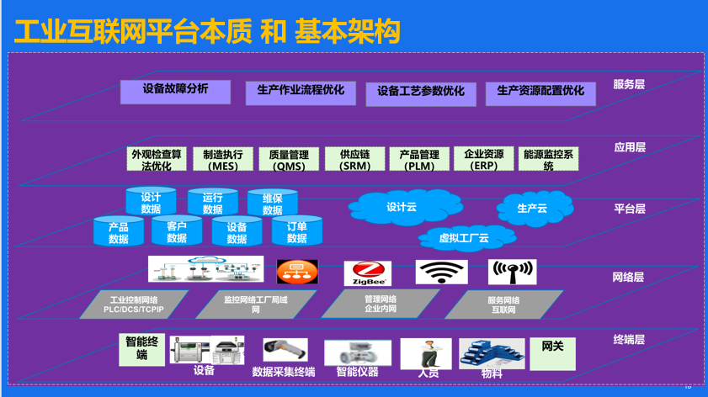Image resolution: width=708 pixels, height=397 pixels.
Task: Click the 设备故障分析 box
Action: coord(175,91)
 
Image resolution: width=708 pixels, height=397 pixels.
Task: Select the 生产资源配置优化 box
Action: coord(540,93)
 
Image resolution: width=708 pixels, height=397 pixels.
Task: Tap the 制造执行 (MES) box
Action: coord(223,160)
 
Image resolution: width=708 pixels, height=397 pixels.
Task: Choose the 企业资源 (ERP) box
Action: coord(483,160)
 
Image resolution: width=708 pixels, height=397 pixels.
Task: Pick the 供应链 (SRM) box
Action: coord(354,160)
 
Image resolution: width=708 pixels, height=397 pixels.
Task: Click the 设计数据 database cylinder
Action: coord(151,203)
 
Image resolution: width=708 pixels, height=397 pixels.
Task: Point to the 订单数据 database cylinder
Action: coord(296,231)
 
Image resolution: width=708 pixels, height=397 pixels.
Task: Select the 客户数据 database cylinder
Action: coord(177,231)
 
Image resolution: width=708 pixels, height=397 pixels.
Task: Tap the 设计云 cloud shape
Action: coord(402,207)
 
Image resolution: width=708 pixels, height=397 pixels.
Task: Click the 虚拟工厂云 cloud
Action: coord(464,238)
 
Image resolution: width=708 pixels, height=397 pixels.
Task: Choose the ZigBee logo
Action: coord(368,273)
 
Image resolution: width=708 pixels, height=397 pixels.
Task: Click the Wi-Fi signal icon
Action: coord(441,272)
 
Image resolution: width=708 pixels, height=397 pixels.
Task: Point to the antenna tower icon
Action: coord(512,272)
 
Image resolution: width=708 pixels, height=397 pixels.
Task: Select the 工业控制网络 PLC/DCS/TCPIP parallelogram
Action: coord(134,304)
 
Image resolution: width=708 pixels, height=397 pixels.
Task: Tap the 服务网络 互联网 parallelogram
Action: coord(503,304)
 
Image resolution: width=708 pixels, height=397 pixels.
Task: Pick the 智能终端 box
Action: coord(141,348)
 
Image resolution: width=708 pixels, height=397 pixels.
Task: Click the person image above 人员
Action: coord(428,352)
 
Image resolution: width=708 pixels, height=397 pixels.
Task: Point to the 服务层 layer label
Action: coord(629,84)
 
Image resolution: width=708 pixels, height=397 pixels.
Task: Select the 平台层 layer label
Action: coord(629,209)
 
